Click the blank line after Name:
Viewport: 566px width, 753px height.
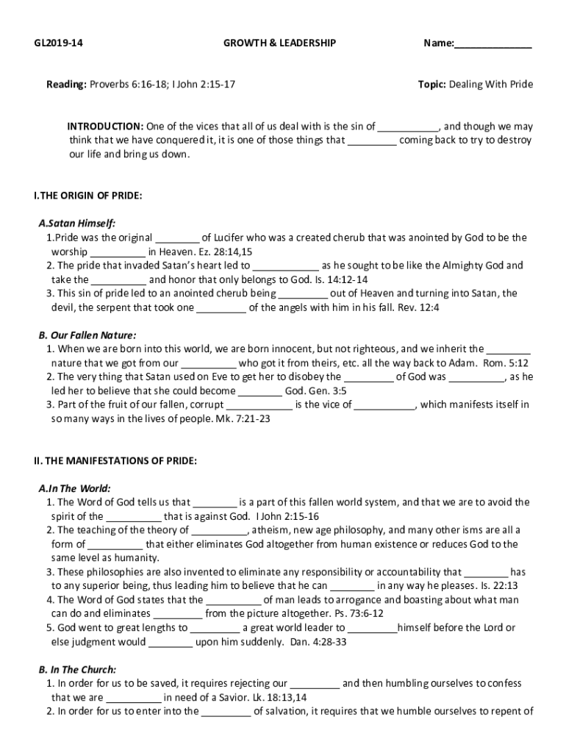492,44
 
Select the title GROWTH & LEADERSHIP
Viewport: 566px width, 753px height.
279,43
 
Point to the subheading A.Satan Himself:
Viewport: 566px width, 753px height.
77,224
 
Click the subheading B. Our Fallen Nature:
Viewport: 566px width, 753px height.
87,335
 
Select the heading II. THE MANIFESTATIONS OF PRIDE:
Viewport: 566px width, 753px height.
115,460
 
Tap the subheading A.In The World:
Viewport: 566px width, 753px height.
75,488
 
